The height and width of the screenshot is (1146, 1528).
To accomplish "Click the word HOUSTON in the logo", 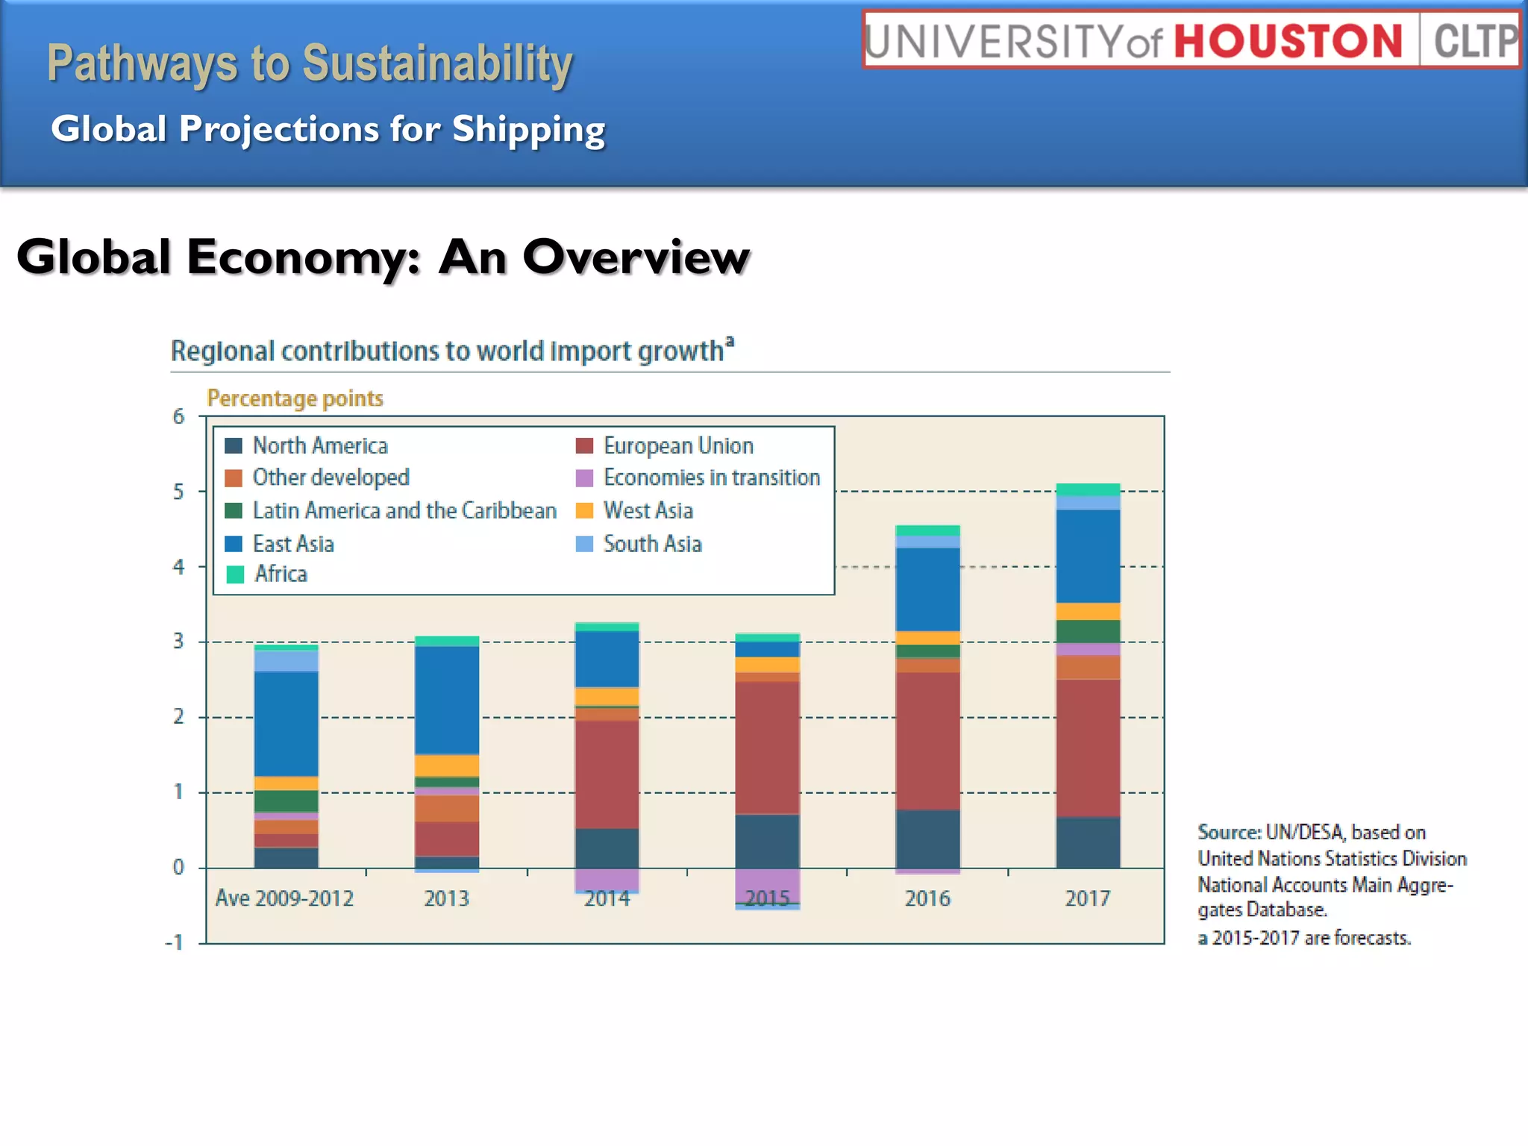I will (1289, 41).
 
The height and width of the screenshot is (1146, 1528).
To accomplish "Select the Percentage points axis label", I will (295, 398).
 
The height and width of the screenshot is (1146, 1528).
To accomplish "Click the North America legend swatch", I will (234, 446).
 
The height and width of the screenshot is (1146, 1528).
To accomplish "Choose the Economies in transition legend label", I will (711, 477).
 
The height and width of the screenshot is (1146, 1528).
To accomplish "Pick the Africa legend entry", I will (281, 574).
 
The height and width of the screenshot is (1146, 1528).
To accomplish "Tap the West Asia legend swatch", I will (584, 511).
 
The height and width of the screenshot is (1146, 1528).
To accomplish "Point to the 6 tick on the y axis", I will (178, 416).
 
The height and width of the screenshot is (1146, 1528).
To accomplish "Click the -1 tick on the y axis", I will (175, 942).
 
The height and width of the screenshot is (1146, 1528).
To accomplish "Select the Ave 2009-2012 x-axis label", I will (284, 898).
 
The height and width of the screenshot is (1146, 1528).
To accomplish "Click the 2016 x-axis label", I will (927, 898).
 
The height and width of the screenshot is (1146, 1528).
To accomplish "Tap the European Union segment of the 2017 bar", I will (1088, 746).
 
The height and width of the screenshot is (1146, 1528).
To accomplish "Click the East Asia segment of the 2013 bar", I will (447, 699).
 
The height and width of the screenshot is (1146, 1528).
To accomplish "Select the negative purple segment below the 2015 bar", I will (767, 886).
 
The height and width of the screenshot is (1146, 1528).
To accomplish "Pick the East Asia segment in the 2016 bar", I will (927, 589).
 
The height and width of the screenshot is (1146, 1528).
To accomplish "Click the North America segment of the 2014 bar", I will (607, 848).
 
